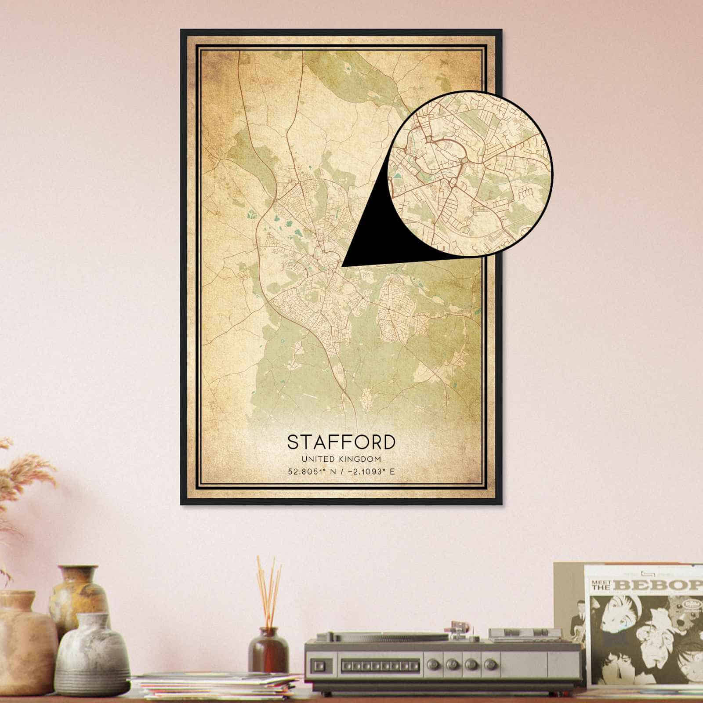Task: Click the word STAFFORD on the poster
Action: (341, 442)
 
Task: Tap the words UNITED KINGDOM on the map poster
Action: (341, 459)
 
